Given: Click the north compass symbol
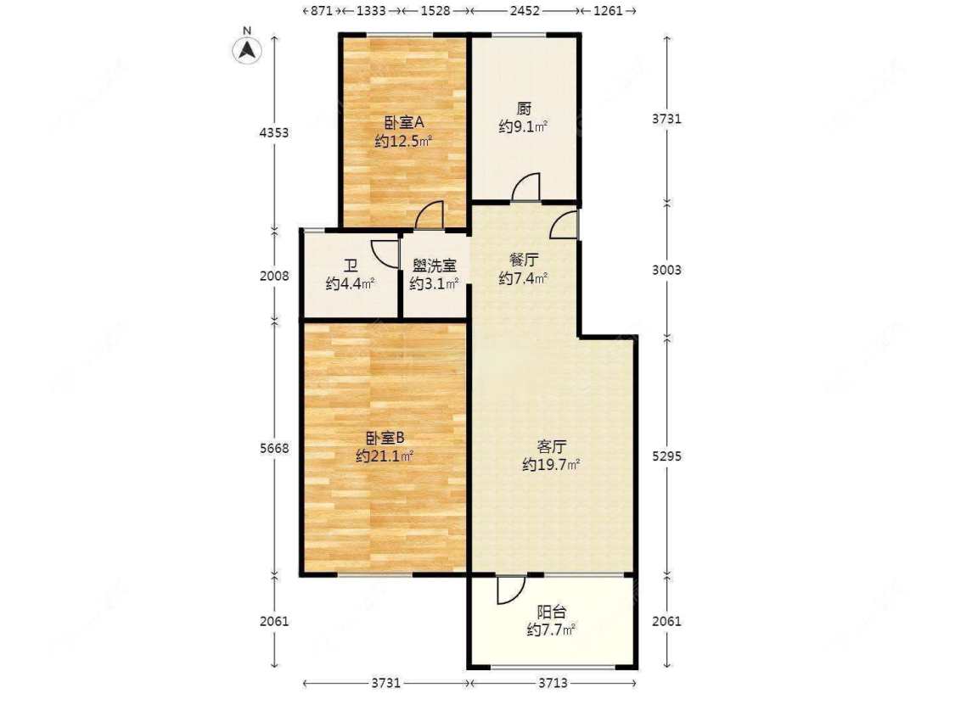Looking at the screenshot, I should pyautogui.click(x=246, y=49).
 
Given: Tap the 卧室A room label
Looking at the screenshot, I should pyautogui.click(x=404, y=121).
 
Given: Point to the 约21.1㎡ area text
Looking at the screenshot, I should pyautogui.click(x=385, y=456).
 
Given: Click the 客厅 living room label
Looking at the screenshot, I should pyautogui.click(x=552, y=446).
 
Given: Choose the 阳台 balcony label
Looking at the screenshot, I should pyautogui.click(x=552, y=611).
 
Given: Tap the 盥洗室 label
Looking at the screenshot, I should pyautogui.click(x=435, y=266).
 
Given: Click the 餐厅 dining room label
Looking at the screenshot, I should pyautogui.click(x=524, y=260).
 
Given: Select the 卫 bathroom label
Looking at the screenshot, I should pyautogui.click(x=350, y=266).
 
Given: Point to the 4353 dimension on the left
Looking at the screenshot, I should pyautogui.click(x=275, y=133).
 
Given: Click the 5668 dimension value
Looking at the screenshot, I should pyautogui.click(x=275, y=448).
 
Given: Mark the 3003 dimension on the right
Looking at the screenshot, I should pyautogui.click(x=667, y=271).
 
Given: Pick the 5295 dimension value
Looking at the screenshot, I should pyautogui.click(x=667, y=456).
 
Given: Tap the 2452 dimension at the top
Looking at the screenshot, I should pyautogui.click(x=525, y=11).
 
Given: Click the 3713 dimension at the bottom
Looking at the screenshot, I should pyautogui.click(x=552, y=683).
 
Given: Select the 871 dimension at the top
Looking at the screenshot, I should pyautogui.click(x=321, y=11).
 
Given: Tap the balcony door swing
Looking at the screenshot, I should pyautogui.click(x=509, y=590).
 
